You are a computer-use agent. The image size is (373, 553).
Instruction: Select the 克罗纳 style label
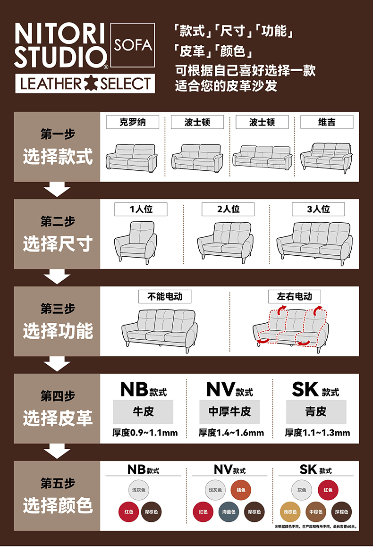click(x=132, y=122)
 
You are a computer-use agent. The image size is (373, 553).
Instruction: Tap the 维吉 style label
click(x=327, y=122)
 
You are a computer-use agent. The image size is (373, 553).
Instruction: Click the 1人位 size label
click(x=141, y=209)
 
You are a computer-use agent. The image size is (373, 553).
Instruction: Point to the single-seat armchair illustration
click(x=135, y=241)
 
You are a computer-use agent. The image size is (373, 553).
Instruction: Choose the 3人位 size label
click(x=318, y=209)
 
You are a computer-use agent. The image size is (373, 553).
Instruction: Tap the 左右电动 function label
click(x=295, y=296)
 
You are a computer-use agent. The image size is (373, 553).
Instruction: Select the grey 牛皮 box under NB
click(x=143, y=411)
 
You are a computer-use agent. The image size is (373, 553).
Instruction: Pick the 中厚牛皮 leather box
click(x=229, y=411)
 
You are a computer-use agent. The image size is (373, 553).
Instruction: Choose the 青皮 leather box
click(x=316, y=411)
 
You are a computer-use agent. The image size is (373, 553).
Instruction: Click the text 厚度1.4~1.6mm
click(x=231, y=432)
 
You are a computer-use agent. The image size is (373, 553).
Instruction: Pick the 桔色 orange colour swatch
click(x=241, y=490)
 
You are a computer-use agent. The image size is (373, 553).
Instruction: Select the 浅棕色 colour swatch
click(x=290, y=512)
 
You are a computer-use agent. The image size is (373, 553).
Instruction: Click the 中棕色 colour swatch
click(x=315, y=512)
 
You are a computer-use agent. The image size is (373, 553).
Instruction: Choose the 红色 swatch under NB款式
click(x=128, y=512)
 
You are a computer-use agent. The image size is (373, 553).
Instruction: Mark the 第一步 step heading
click(x=58, y=134)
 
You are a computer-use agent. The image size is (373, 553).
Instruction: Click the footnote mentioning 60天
click(x=315, y=527)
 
